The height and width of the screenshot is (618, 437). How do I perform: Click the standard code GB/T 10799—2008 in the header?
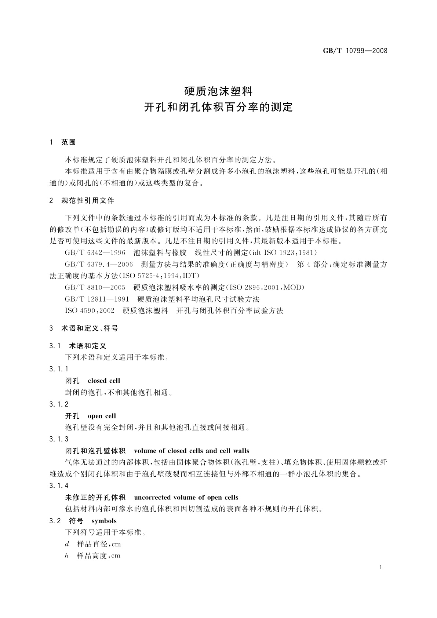coord(355,51)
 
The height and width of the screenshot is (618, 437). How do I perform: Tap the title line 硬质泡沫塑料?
coord(218,90)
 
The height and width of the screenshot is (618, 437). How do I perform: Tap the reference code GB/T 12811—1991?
coord(97,299)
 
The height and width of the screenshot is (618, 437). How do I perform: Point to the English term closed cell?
coord(104,381)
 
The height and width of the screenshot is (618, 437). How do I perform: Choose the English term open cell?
coord(102,416)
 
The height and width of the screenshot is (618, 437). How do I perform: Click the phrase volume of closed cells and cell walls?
coord(192,451)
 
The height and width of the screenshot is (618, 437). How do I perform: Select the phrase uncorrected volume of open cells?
coord(186,498)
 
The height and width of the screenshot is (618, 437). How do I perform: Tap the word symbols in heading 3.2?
coord(104,521)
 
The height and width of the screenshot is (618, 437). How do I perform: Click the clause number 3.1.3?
coord(59,439)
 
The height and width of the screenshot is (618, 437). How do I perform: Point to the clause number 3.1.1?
coord(59,369)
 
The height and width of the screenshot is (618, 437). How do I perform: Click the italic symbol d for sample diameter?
coord(67,544)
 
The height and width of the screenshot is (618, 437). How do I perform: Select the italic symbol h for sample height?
coord(67,556)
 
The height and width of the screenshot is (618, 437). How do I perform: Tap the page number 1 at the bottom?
coord(381,567)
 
